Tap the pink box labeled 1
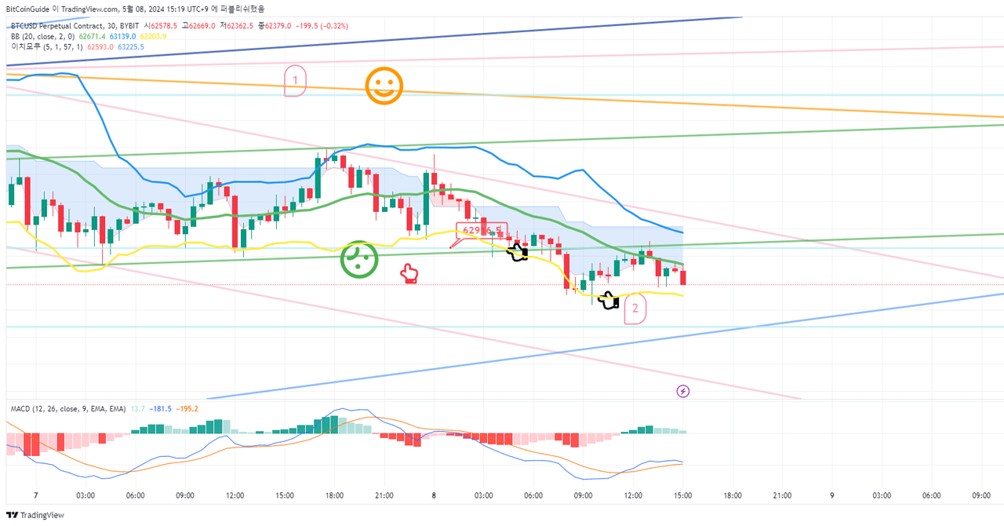point(295,81)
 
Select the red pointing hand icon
point(409,273)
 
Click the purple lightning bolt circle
point(682,390)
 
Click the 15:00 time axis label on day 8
point(682,495)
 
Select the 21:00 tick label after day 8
point(782,495)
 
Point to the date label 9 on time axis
point(832,495)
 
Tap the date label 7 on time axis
point(36,495)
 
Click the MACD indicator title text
point(67,409)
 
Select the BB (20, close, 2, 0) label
point(42,36)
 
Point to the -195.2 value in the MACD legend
point(187,409)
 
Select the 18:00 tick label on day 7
point(335,495)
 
